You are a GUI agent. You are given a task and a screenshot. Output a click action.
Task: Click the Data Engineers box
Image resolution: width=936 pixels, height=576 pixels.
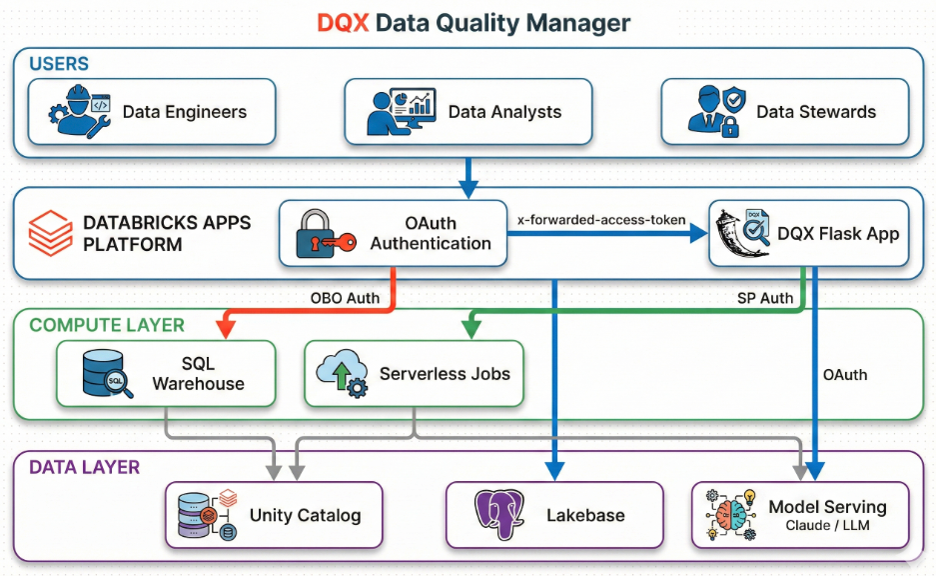(149, 112)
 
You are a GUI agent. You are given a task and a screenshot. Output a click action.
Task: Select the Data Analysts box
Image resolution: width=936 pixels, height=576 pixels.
(468, 112)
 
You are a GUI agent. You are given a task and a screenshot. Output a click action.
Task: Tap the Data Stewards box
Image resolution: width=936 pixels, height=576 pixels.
(784, 112)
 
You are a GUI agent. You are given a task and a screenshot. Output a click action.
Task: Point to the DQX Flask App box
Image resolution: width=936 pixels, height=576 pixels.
(808, 234)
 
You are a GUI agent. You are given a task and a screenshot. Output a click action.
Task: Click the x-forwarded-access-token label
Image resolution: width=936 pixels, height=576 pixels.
(601, 218)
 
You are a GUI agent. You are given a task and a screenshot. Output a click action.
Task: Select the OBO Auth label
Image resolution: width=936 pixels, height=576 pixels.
(339, 297)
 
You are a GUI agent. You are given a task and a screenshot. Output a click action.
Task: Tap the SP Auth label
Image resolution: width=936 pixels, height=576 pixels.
(764, 297)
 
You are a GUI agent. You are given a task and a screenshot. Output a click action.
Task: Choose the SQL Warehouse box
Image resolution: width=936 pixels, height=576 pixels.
(165, 373)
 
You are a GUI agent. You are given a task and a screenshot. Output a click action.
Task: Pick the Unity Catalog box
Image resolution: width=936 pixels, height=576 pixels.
(274, 515)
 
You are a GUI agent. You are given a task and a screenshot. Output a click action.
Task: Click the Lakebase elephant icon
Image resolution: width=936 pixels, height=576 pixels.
(500, 516)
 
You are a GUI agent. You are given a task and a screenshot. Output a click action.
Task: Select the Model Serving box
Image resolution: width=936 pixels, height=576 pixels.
(801, 515)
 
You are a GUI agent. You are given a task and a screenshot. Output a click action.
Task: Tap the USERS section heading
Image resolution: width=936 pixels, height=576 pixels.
(59, 64)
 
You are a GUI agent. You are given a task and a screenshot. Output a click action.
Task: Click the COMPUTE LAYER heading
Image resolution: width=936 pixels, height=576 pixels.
(107, 325)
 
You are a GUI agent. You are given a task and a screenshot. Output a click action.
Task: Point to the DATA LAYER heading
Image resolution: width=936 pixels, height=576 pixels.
(84, 467)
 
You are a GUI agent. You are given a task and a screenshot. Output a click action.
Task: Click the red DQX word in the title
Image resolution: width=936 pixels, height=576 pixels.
(343, 22)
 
